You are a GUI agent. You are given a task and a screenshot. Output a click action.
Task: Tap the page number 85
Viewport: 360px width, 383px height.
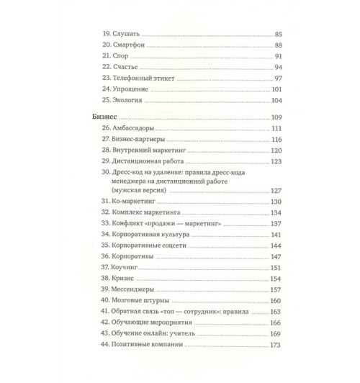[281, 34]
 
